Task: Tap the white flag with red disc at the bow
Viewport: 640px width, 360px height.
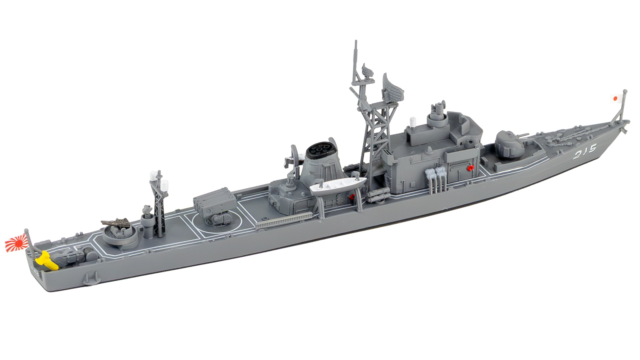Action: click(615, 98)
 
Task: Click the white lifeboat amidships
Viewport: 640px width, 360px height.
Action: click(338, 185)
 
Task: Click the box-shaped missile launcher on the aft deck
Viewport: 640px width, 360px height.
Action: click(214, 200)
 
